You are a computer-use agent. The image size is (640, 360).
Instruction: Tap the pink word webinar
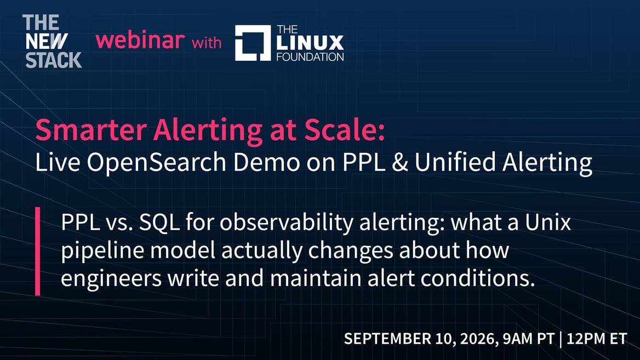tap(140, 40)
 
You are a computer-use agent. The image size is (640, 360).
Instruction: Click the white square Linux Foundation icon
tap(253, 43)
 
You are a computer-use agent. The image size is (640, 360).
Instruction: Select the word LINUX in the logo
tap(310, 43)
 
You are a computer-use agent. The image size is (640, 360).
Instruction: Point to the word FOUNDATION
tap(310, 57)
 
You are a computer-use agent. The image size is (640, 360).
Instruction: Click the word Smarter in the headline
tap(91, 129)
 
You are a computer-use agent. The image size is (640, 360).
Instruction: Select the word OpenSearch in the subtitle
tap(156, 162)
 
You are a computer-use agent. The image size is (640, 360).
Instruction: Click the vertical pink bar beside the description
tap(38, 251)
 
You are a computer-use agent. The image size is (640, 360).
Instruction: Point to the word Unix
tap(548, 222)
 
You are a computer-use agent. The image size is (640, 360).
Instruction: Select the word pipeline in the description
tap(102, 250)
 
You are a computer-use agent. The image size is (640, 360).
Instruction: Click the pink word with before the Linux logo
tap(207, 42)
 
